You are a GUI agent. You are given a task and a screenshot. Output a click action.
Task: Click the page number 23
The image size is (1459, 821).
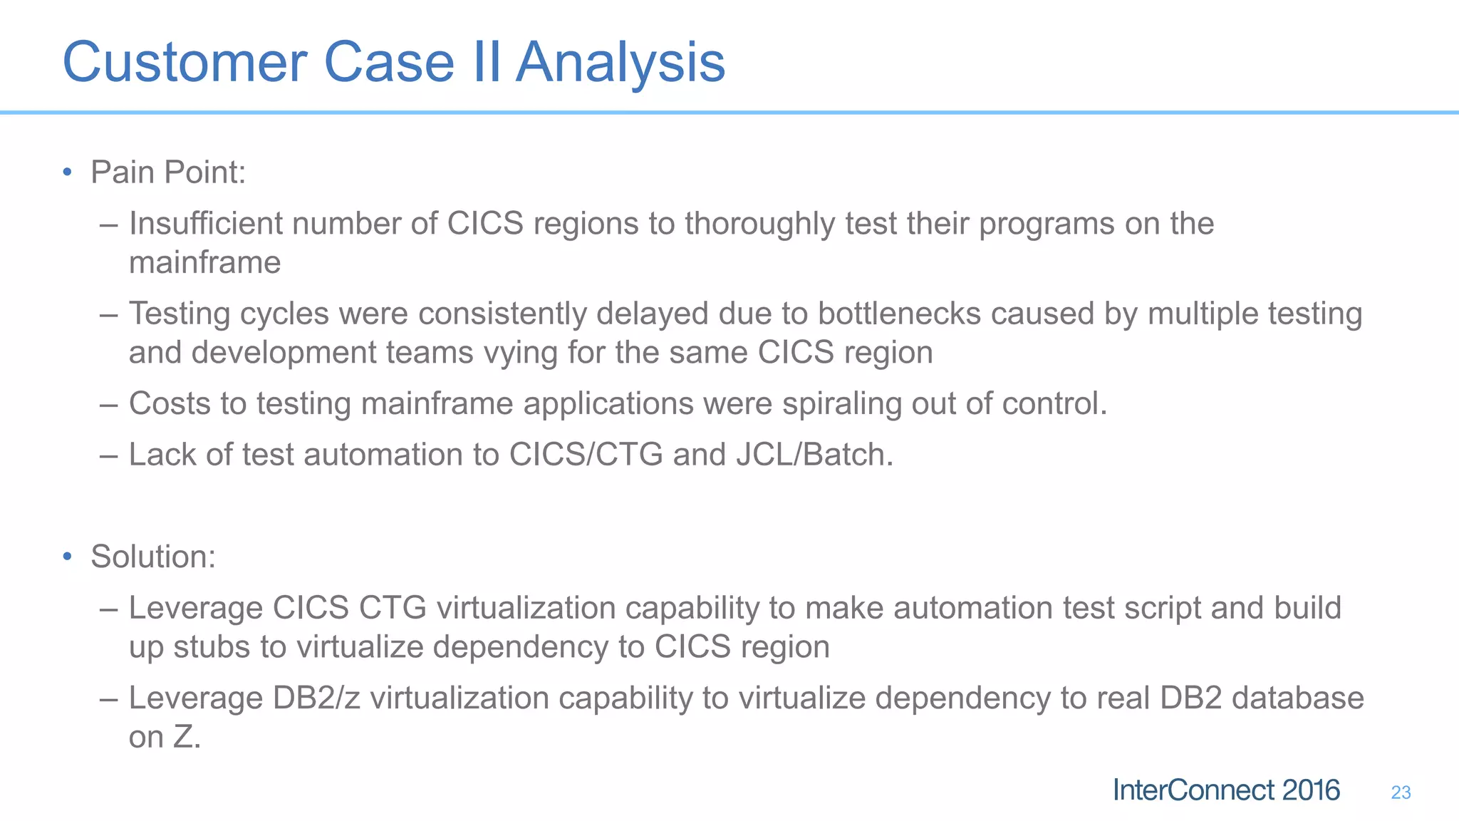coord(1401,792)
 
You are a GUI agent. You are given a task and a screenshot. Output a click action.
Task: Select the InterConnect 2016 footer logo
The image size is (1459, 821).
coord(1226,790)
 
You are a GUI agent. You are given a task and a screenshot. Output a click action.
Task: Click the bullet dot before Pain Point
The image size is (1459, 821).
coord(67,172)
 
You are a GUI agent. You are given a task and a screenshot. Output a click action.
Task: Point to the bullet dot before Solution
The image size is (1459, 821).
coord(67,557)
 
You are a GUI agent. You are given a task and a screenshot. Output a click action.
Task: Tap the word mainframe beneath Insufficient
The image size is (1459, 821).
coord(205,263)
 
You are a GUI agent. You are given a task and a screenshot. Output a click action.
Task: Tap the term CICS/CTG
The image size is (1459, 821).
coord(586,455)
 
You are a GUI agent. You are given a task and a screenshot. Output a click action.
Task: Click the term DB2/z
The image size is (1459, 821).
coord(316,698)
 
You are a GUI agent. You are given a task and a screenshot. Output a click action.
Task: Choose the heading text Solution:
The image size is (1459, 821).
coord(153,557)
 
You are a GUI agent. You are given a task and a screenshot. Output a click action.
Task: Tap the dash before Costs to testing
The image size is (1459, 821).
coord(108,404)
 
